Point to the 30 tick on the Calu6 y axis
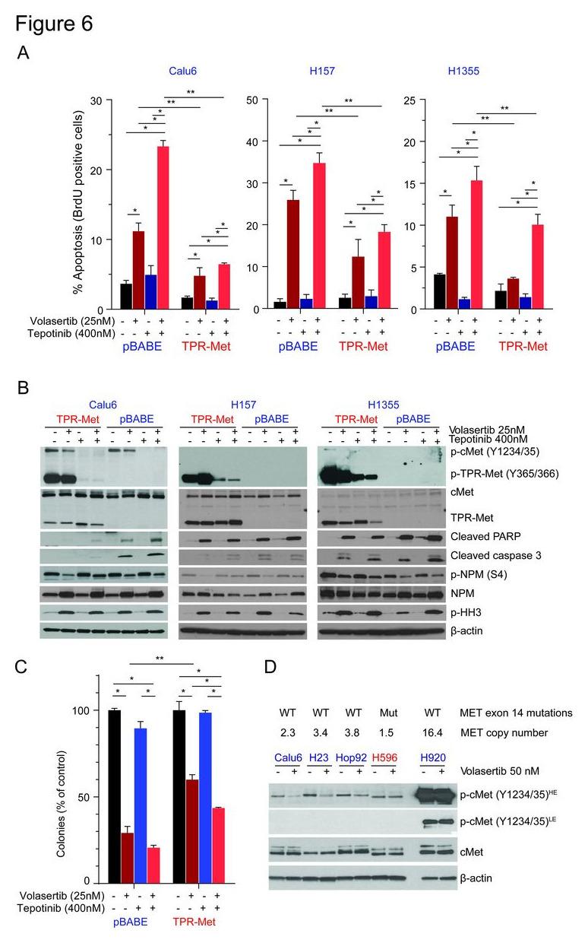click(96, 100)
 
